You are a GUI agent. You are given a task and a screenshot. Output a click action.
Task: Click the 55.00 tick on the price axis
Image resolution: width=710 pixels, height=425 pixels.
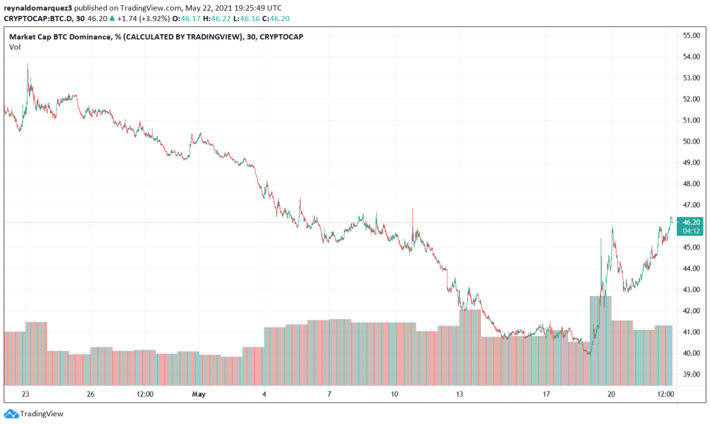pos(690,35)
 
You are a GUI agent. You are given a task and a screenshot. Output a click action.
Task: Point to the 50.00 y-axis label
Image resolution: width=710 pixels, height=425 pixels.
pos(690,141)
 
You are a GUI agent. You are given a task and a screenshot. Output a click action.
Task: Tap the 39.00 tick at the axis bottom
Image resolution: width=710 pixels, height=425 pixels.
pos(690,374)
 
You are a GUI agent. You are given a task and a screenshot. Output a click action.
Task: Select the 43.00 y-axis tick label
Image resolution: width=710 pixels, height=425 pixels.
pos(690,289)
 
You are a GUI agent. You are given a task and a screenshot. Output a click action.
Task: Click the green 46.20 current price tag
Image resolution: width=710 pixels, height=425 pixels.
pos(691,222)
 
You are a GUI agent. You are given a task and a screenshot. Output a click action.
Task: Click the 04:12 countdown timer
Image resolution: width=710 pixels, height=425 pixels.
pos(691,231)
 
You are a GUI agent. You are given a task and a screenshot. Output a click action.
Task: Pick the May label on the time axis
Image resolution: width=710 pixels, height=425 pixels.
pos(199,395)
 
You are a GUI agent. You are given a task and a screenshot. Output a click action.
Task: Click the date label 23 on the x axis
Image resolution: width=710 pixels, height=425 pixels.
pos(25,395)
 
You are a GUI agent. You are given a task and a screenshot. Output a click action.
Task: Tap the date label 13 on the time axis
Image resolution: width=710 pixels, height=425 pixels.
pos(459,395)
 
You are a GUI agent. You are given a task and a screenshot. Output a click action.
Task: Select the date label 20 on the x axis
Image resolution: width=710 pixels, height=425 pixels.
pos(611,395)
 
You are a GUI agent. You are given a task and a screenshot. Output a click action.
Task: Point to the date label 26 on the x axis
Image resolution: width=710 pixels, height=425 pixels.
pos(91,395)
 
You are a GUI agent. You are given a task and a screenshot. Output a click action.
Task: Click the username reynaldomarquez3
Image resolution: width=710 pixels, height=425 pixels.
pos(37,7)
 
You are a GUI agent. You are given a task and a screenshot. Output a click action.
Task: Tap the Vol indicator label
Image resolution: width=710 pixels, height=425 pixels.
pos(14,47)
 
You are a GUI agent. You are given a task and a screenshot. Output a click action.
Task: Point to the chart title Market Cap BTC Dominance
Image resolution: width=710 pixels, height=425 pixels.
pos(61,36)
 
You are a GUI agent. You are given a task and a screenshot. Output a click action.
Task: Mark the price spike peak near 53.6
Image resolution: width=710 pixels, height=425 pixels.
pos(28,65)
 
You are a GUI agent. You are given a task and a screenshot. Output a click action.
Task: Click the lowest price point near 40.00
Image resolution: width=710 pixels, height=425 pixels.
pos(588,354)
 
